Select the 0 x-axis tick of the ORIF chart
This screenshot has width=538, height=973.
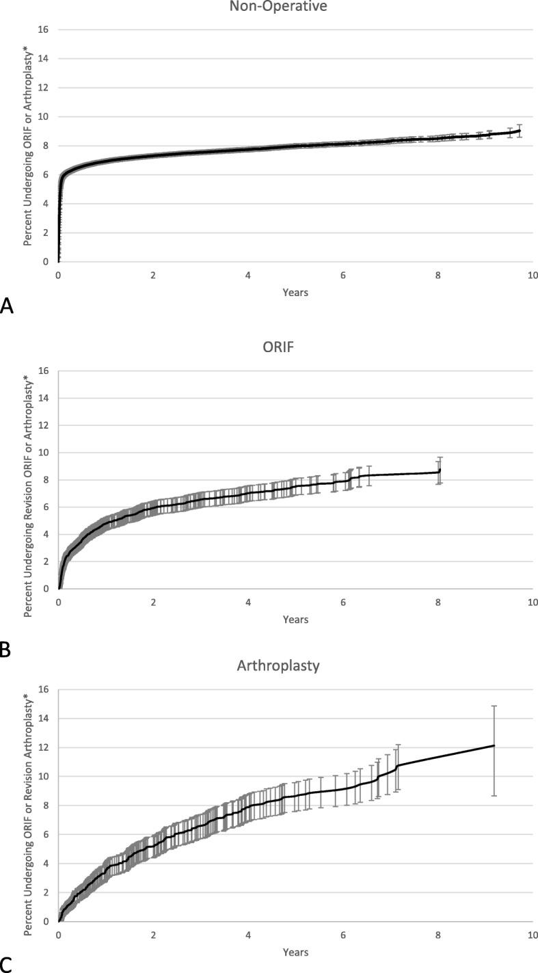tap(59, 602)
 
